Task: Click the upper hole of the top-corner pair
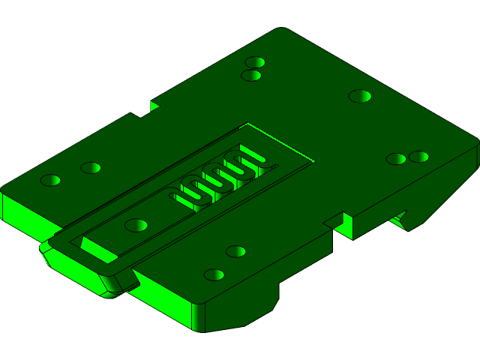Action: coord(255,62)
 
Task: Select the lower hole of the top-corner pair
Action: coord(251,75)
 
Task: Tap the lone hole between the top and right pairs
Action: coord(360,96)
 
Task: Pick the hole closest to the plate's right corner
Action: coord(419,157)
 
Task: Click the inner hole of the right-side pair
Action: coord(396,159)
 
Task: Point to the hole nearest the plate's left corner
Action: coord(50,181)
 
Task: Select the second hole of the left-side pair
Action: coord(91,168)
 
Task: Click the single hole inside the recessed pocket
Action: coord(136,225)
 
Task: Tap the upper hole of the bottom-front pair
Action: coord(236,251)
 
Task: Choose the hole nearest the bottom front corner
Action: coord(214,275)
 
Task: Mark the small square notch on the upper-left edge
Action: coord(153,106)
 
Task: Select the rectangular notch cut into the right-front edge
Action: coord(341,223)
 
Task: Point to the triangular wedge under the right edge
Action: coord(399,220)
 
